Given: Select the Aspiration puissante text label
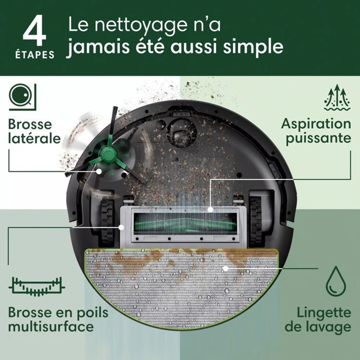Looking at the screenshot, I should tap(316, 131).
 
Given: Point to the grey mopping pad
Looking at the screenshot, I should tap(180, 288).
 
